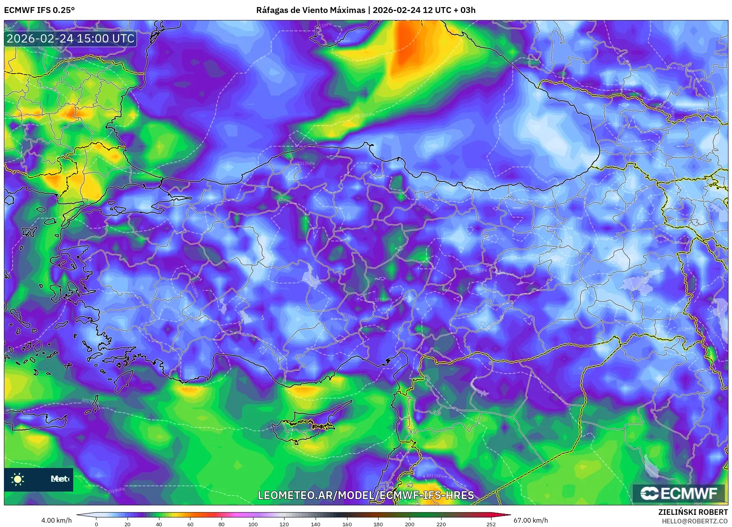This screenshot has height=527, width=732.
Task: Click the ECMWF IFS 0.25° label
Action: tap(39, 10)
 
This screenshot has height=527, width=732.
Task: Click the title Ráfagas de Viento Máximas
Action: tap(311, 10)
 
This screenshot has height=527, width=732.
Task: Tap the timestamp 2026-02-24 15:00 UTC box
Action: tap(70, 39)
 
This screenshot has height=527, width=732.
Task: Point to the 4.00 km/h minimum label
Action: tap(56, 520)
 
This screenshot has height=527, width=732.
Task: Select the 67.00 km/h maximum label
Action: tap(531, 520)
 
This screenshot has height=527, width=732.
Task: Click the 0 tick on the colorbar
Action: tap(96, 524)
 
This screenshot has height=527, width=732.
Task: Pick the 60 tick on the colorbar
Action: tap(190, 524)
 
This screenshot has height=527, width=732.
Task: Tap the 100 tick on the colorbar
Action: tap(253, 524)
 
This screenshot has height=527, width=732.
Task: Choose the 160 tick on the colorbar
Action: tap(347, 524)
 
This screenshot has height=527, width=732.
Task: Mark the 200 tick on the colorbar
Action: tap(410, 524)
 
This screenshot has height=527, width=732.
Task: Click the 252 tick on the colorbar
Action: tap(491, 524)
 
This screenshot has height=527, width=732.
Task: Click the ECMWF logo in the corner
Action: tap(678, 493)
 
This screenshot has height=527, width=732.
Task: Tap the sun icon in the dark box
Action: tap(18, 479)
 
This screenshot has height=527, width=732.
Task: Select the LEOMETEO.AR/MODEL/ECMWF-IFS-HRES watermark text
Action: tap(366, 495)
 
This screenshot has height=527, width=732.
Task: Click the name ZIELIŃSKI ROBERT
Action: tap(693, 512)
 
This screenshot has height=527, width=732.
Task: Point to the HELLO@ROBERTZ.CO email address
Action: tap(695, 521)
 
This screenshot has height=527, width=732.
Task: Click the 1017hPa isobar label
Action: tap(88, 401)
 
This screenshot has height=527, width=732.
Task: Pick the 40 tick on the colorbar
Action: tap(159, 524)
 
